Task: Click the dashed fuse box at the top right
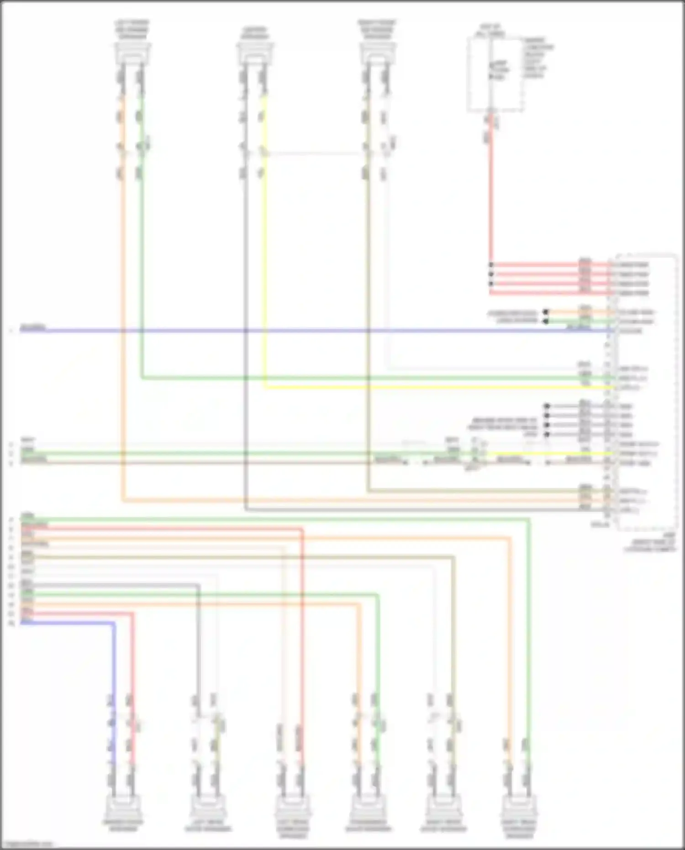tap(495, 74)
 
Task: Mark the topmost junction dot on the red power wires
tap(491, 265)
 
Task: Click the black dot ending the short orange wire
tap(545, 312)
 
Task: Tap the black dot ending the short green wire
tap(545, 322)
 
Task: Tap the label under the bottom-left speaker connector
tap(122, 826)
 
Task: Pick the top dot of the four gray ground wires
tap(547, 406)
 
